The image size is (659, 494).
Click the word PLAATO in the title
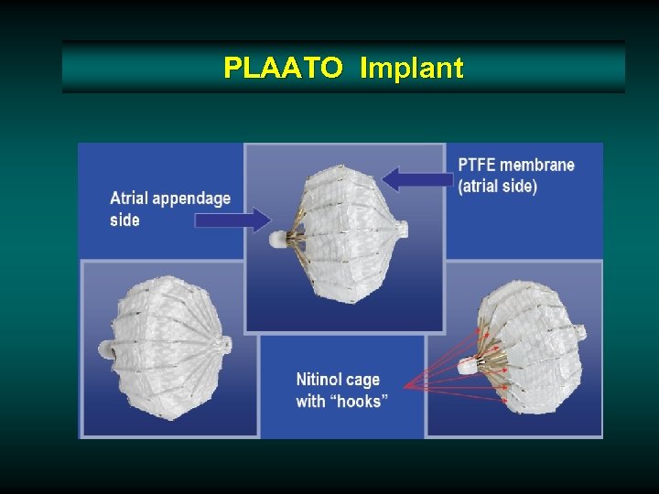point(283,67)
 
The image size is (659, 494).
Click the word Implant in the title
point(412,67)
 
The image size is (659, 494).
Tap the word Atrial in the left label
point(130,199)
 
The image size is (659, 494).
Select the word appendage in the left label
point(192,199)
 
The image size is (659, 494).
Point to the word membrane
point(537,166)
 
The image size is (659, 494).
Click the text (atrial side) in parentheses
point(498,186)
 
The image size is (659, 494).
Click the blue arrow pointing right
point(243,220)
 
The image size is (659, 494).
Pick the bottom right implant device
point(527,352)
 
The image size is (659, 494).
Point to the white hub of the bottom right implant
point(467,366)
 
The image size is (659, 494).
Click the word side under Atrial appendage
point(124,220)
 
